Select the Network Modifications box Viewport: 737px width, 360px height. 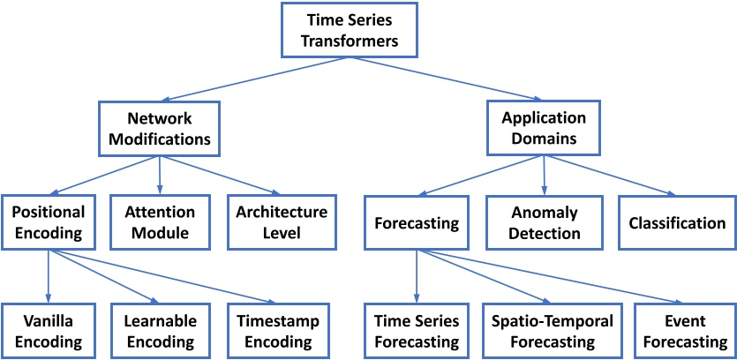pos(160,129)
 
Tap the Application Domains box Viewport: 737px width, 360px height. pos(545,129)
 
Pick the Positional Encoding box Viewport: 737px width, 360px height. pos(49,222)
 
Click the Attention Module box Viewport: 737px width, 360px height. pos(160,222)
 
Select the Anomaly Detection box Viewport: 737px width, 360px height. pos(545,223)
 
